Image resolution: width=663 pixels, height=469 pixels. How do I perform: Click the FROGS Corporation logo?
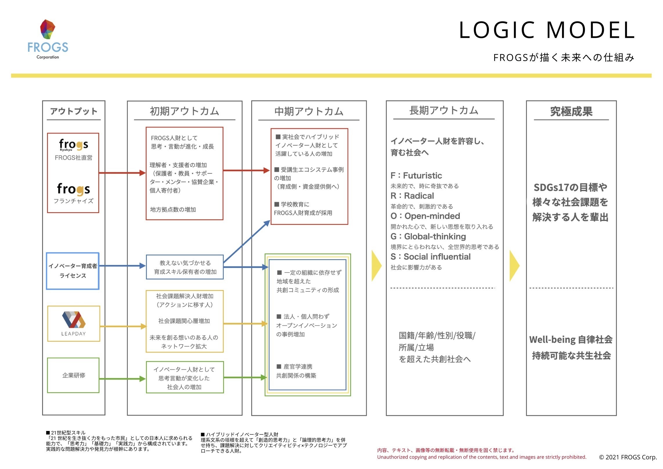pyautogui.click(x=48, y=39)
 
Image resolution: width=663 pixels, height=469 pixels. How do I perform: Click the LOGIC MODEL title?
pyautogui.click(x=547, y=30)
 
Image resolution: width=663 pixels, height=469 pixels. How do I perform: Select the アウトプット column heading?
pyautogui.click(x=74, y=111)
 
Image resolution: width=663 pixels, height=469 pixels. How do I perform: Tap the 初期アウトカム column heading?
pyautogui.click(x=184, y=111)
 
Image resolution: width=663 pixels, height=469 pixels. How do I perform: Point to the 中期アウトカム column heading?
pyautogui.click(x=309, y=111)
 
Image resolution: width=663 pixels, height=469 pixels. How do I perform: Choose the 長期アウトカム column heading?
pyautogui.click(x=444, y=110)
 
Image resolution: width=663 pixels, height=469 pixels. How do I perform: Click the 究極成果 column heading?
pyautogui.click(x=571, y=112)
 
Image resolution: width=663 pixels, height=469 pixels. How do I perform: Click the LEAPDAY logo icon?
pyautogui.click(x=74, y=320)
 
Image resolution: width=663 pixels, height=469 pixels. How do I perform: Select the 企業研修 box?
pyautogui.click(x=73, y=375)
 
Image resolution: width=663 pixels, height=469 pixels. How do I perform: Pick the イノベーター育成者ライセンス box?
pyautogui.click(x=73, y=271)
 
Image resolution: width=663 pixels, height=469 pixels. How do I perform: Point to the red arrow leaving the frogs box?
pyautogui.click(x=122, y=173)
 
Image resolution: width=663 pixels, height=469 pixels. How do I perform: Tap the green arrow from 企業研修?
pyautogui.click(x=122, y=379)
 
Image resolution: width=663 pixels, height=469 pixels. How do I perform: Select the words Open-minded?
pyautogui.click(x=432, y=216)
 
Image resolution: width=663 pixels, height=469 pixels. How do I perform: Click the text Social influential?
pyautogui.click(x=437, y=257)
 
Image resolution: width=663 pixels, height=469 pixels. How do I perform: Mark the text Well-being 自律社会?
pyautogui.click(x=571, y=339)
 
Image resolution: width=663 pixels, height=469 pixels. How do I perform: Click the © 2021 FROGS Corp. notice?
pyautogui.click(x=628, y=457)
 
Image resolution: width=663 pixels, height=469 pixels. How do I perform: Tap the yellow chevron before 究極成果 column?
pyautogui.click(x=514, y=266)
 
